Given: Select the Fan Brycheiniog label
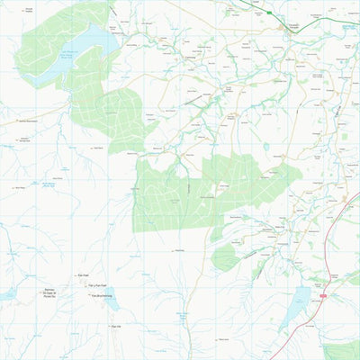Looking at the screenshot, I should pyautogui.click(x=101, y=295).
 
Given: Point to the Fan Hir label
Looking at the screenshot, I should pyautogui.click(x=116, y=327).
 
